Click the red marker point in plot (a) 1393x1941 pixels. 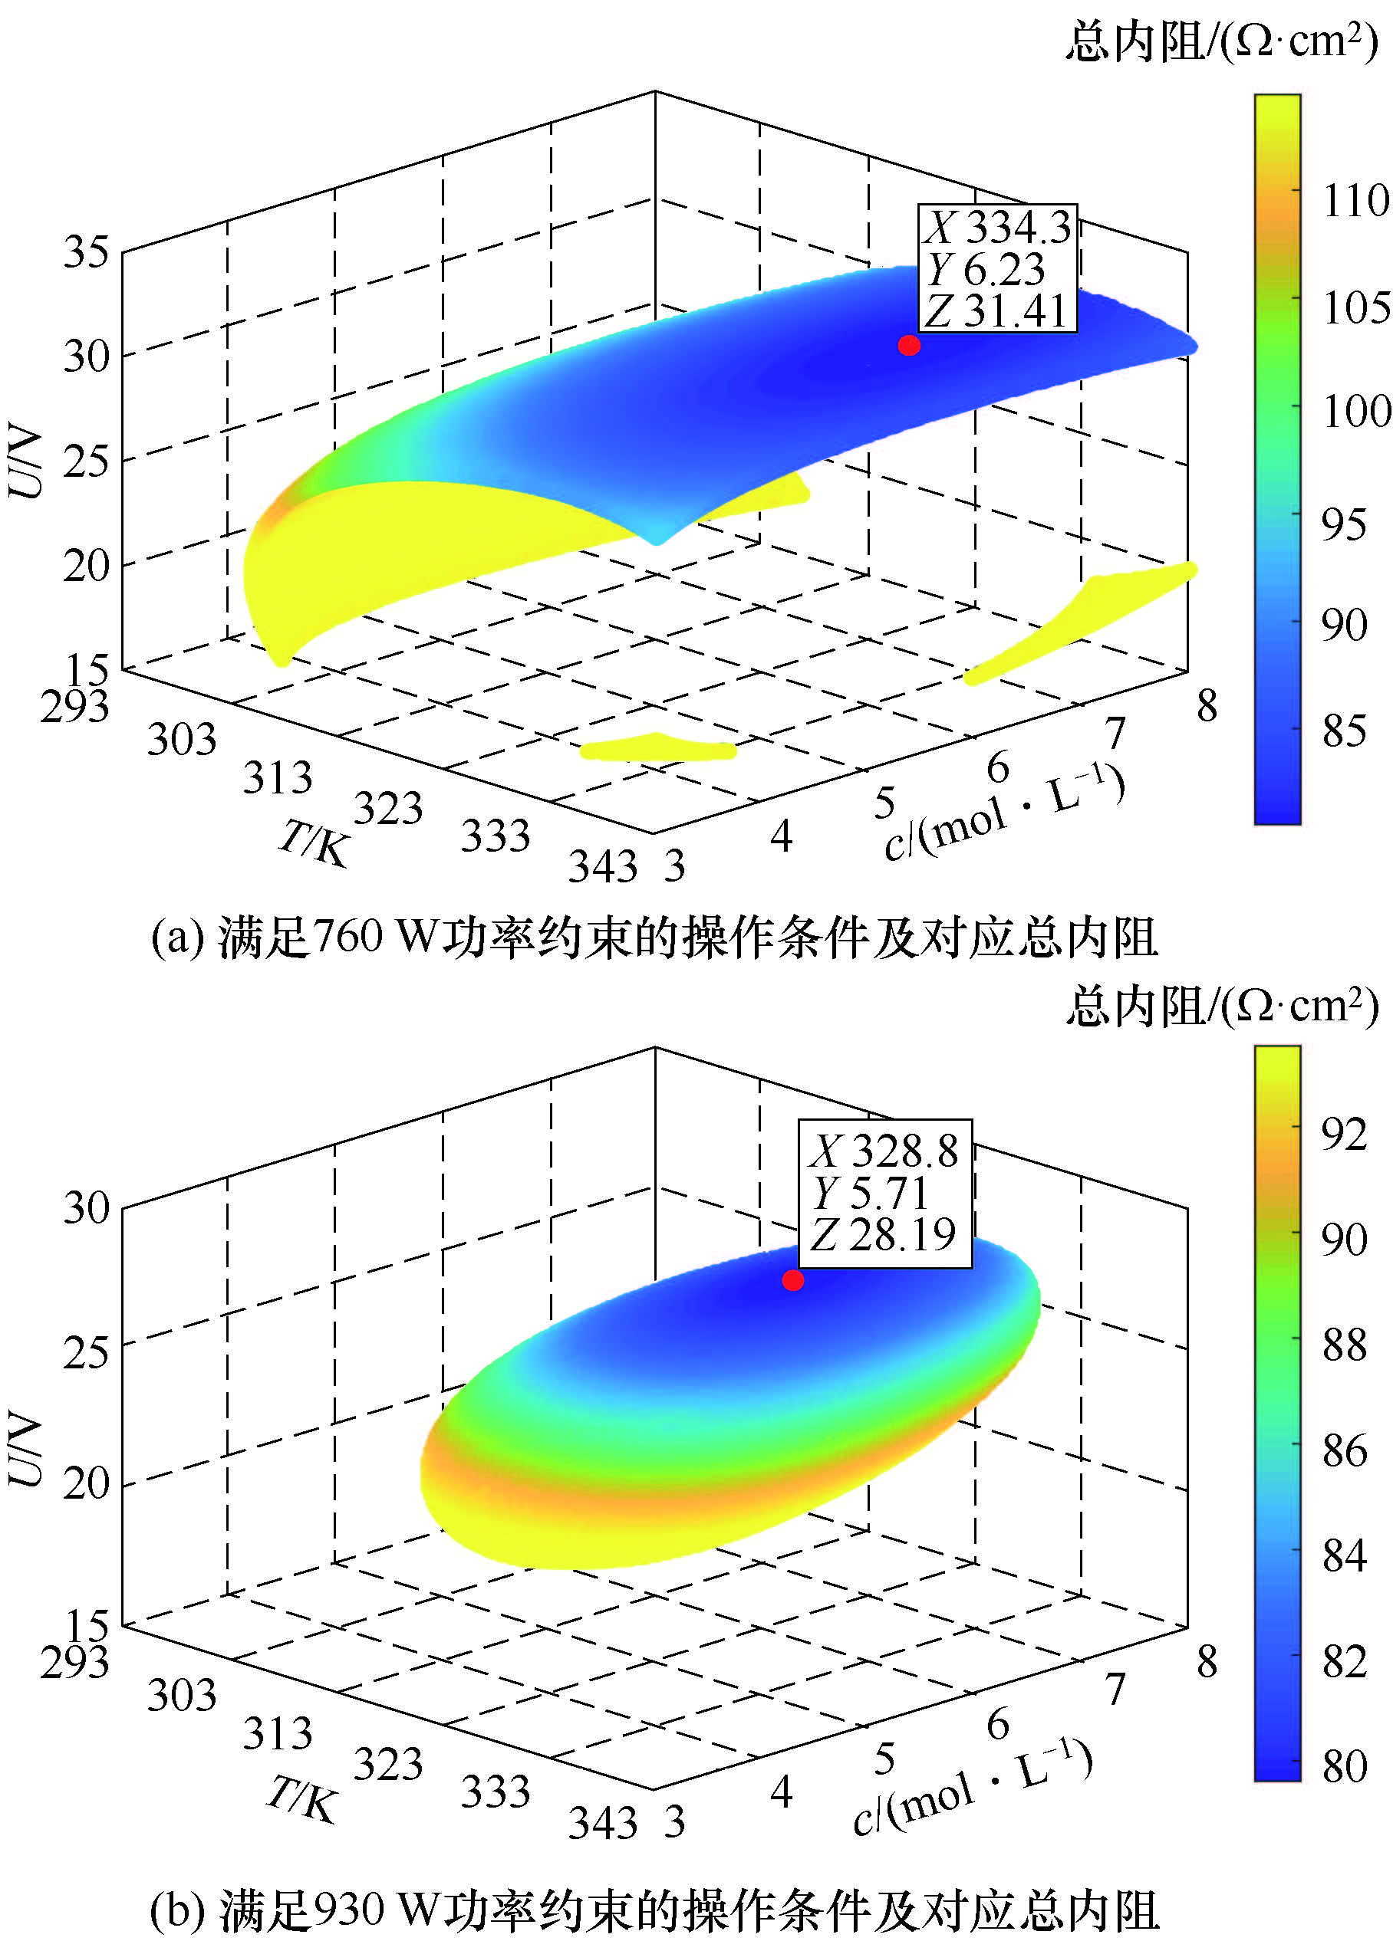click(909, 345)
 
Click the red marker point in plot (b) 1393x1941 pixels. click(793, 1280)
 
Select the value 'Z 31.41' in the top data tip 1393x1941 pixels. click(996, 311)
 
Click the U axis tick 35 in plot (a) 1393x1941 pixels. click(86, 252)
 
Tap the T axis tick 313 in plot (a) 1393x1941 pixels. click(278, 777)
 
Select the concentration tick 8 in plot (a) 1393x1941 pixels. click(1207, 706)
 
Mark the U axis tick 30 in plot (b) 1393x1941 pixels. click(86, 1207)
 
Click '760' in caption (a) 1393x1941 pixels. click(347, 936)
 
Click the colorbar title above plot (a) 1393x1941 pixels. click(1222, 40)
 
